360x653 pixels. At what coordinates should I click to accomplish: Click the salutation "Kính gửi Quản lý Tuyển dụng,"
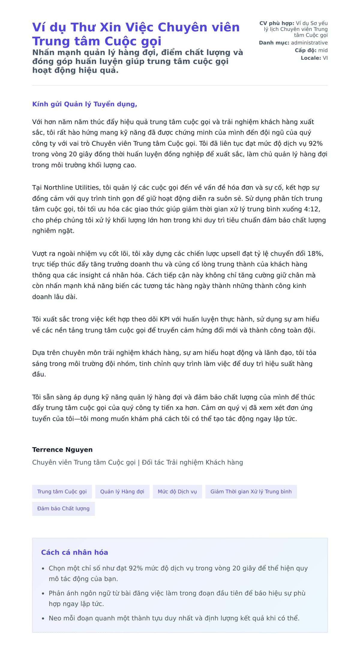tap(85, 104)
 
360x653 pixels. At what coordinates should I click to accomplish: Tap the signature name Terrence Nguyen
tap(62, 450)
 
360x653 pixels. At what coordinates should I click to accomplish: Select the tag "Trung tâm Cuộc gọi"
tap(62, 492)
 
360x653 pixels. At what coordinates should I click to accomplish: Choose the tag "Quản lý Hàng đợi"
tap(122, 492)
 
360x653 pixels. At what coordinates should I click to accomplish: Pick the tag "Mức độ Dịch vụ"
tap(177, 492)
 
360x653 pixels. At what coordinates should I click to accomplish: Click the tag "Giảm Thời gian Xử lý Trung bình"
tap(251, 492)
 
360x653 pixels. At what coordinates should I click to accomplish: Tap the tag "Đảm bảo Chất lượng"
tap(63, 509)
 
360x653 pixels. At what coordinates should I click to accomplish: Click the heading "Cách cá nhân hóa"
tap(74, 553)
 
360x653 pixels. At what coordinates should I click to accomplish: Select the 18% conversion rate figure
tap(315, 254)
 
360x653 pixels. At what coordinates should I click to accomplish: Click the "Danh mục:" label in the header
tap(274, 43)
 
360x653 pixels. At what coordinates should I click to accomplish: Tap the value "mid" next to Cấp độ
tap(323, 50)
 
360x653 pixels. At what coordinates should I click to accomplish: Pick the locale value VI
tap(325, 58)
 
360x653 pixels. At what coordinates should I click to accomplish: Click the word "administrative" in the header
tap(309, 43)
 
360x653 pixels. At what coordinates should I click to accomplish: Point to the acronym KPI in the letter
tap(165, 319)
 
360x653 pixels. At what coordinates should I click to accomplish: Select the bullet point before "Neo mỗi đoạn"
tap(43, 619)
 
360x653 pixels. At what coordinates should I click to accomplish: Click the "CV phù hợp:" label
tap(277, 23)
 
